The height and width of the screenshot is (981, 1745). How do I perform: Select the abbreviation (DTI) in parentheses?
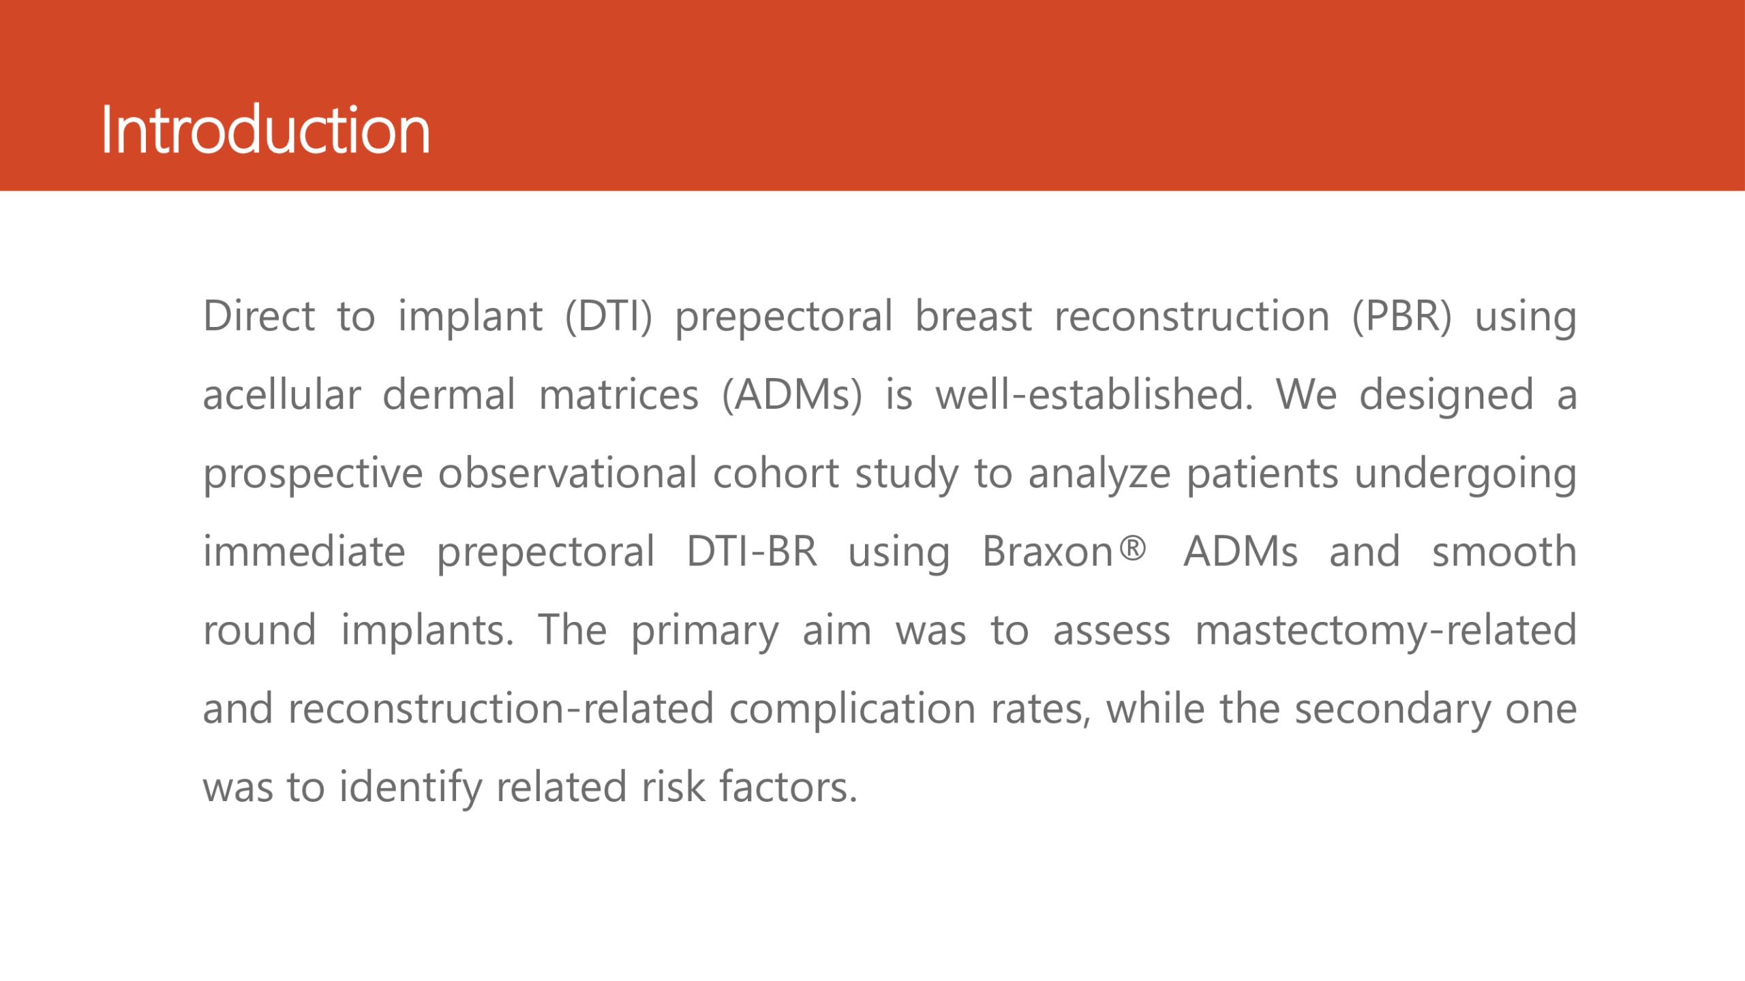coord(609,317)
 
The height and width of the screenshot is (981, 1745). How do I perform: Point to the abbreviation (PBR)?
coord(1402,317)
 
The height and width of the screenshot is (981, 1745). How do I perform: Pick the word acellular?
coord(282,394)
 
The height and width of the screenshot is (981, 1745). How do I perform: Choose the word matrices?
coord(619,394)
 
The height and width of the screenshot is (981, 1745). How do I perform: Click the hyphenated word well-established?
coord(1094,394)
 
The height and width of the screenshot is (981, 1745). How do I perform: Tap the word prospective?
coord(313,475)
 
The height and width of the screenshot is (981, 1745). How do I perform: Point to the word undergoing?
coord(1466,475)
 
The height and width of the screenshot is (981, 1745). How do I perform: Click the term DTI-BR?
coord(752,551)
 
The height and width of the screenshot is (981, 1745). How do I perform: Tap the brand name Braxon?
coord(1047,551)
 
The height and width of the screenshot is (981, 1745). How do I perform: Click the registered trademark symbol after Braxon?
coord(1133,548)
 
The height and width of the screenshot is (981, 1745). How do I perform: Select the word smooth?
coord(1504,551)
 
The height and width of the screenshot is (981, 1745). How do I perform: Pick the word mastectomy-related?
coord(1386,632)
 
